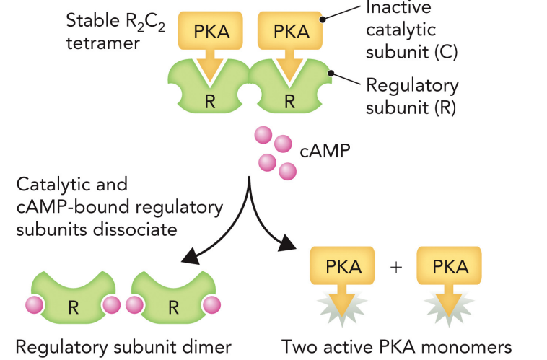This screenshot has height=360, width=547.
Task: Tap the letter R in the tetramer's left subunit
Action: click(x=210, y=101)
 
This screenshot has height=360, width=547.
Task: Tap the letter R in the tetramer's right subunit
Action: click(x=289, y=101)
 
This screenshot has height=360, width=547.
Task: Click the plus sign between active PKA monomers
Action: click(x=395, y=266)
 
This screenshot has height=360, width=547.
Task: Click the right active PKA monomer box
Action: click(x=450, y=267)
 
